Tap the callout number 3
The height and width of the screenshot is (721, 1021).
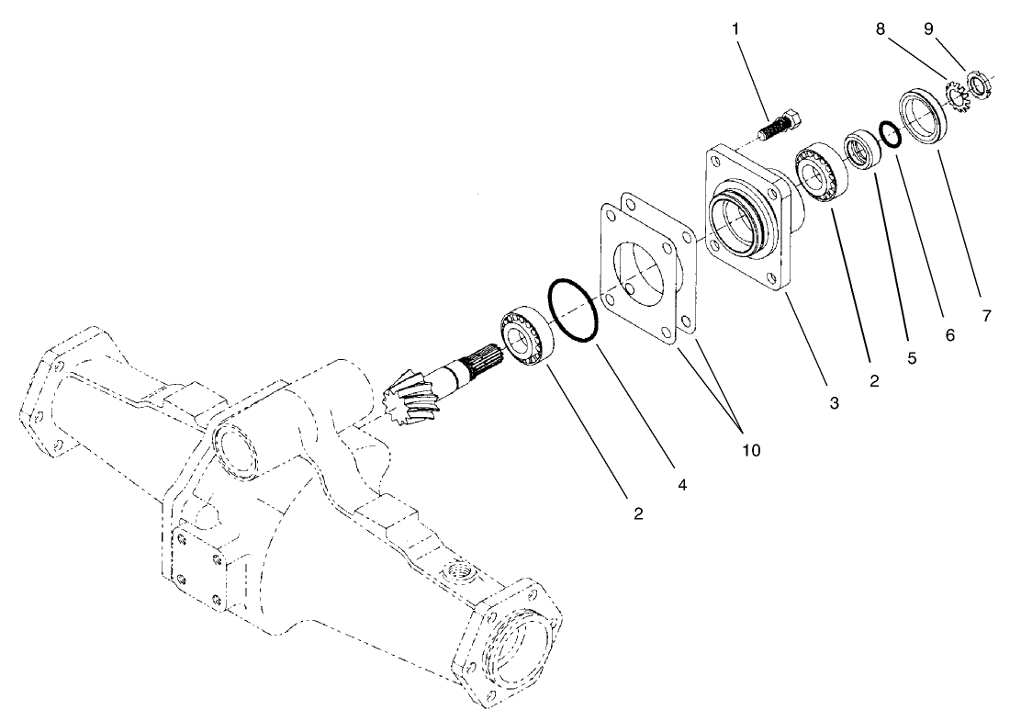835,402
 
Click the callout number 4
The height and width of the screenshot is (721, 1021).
681,480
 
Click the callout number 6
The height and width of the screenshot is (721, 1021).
950,335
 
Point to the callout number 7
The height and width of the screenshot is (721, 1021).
986,316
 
